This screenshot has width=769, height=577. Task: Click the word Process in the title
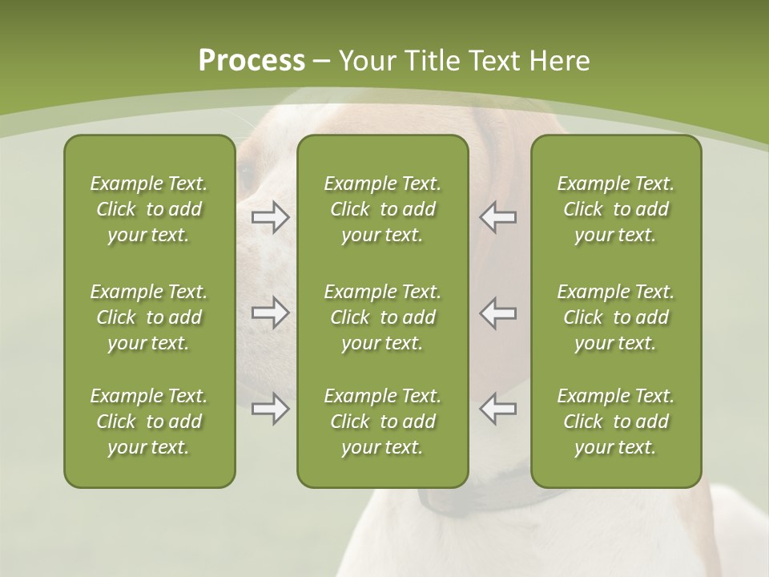[252, 61]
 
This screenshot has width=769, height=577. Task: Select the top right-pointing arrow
[271, 217]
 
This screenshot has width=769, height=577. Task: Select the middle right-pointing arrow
[271, 313]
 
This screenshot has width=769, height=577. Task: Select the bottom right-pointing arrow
[271, 409]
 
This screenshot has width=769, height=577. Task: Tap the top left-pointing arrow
[497, 217]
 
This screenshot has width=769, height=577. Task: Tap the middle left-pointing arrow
[497, 313]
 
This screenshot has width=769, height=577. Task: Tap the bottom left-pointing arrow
[497, 409]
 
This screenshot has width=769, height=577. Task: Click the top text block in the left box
[149, 209]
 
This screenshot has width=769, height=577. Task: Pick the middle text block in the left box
[149, 317]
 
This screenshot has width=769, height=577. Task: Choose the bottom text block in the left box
[149, 422]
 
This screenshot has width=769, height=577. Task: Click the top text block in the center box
[383, 209]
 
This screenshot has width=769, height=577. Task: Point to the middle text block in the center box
[383, 317]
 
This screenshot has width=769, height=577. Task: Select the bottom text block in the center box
[383, 422]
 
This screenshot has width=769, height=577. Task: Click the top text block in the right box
[616, 209]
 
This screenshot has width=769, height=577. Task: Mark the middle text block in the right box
[616, 317]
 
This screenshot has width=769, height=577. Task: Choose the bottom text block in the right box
[616, 422]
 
